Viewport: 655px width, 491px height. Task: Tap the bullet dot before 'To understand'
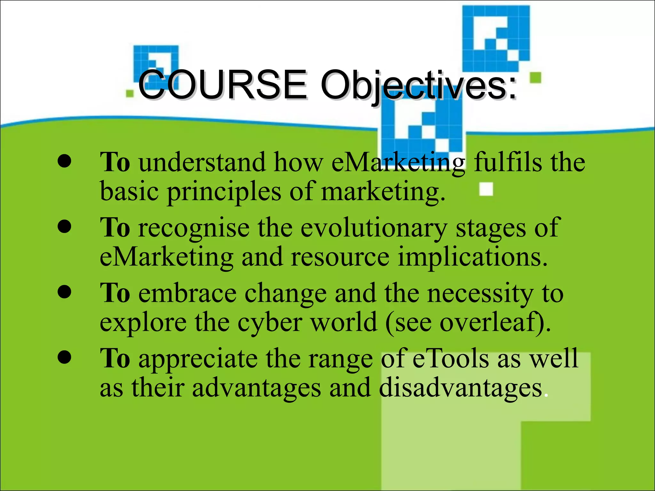click(64, 161)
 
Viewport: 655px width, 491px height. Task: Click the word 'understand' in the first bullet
click(202, 162)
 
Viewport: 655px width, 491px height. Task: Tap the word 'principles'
click(224, 192)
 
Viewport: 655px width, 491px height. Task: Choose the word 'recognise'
click(194, 228)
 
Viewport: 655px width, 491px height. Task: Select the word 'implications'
click(472, 257)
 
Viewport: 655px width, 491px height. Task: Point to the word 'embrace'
click(187, 293)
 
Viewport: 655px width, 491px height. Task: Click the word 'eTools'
click(451, 358)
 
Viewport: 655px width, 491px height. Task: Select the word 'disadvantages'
click(461, 388)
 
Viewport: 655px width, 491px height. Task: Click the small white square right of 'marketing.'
click(486, 189)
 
